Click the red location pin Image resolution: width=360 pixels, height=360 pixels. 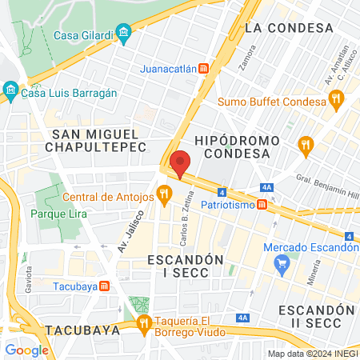click(x=181, y=162)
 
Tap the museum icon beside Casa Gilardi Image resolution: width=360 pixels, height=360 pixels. click(x=123, y=34)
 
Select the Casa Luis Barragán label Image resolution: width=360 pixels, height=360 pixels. click(x=69, y=93)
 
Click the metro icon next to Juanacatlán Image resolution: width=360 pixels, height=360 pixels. click(x=205, y=69)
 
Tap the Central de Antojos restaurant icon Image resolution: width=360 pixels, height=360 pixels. click(x=165, y=192)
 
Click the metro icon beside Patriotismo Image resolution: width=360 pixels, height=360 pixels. click(x=273, y=206)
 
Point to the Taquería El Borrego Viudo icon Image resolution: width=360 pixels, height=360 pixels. click(x=143, y=323)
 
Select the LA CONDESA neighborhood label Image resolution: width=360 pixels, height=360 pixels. click(x=289, y=28)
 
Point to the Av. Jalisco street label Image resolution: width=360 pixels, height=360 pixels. click(x=130, y=231)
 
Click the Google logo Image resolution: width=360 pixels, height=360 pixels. click(x=26, y=350)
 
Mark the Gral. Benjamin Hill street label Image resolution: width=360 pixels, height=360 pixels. click(x=328, y=190)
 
